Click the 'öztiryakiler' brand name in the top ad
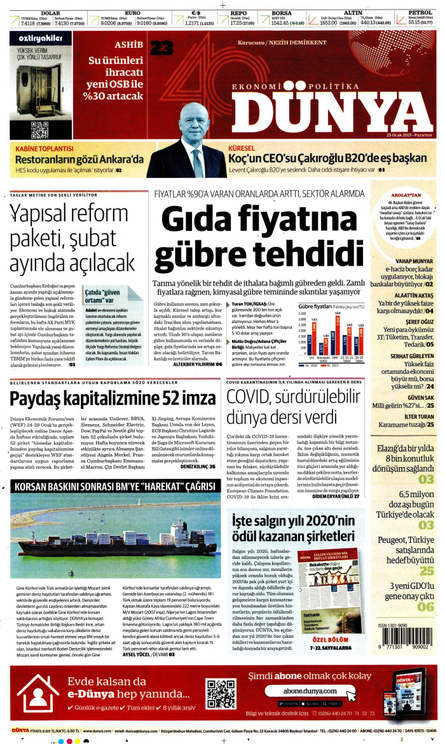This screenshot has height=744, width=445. pos(37,38)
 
